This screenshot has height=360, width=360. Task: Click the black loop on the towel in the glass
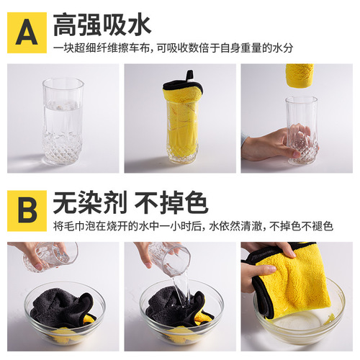coord(192,76)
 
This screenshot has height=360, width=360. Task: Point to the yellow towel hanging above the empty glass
coord(300,73)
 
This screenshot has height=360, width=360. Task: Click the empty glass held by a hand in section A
coord(300,130)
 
